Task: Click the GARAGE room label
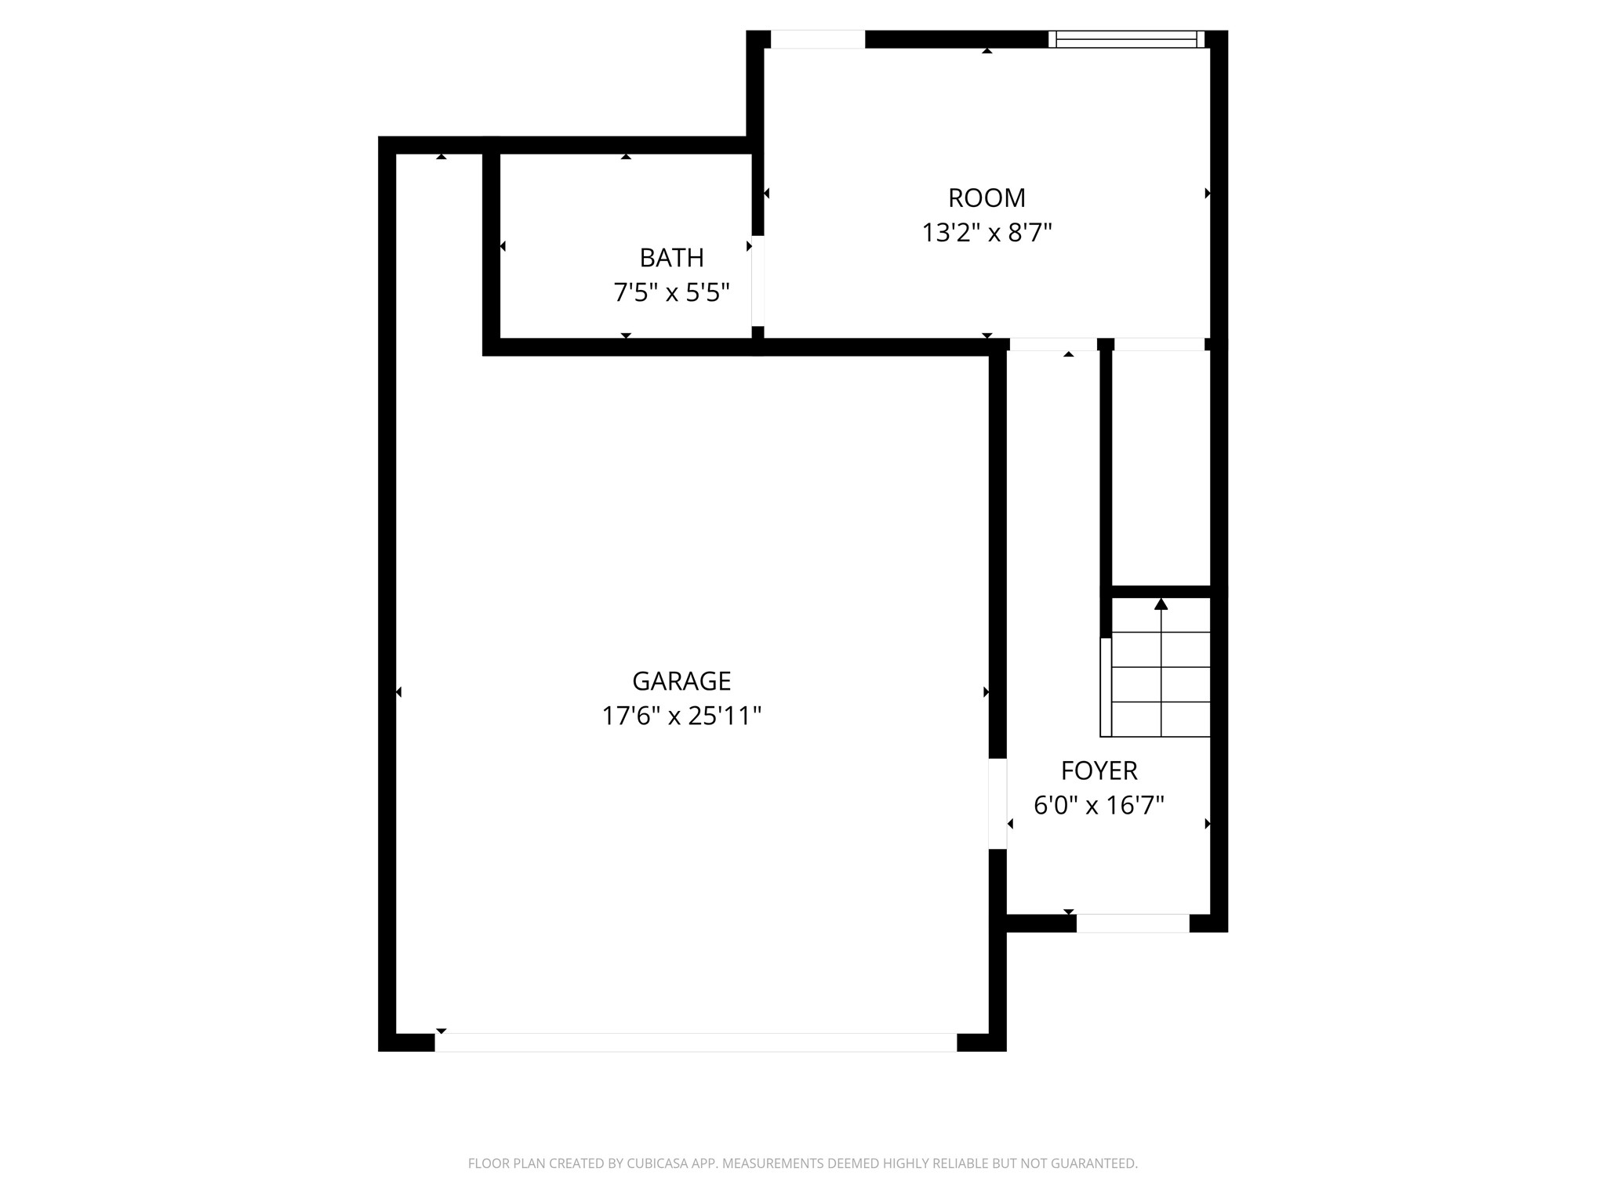[681, 681]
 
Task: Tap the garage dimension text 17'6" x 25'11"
[681, 716]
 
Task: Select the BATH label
[671, 258]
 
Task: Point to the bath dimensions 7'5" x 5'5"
[671, 293]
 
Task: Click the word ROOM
[986, 198]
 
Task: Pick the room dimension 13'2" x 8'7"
[986, 234]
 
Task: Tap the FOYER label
[1099, 771]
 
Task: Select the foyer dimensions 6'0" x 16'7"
[1099, 806]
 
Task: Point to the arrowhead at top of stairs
[1161, 604]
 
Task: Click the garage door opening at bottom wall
[696, 1043]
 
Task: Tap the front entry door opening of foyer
[1132, 923]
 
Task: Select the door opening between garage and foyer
[997, 803]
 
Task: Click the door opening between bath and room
[758, 280]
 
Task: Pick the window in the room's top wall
[1126, 39]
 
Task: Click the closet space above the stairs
[1161, 467]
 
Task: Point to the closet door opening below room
[1159, 344]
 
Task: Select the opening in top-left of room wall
[818, 39]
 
